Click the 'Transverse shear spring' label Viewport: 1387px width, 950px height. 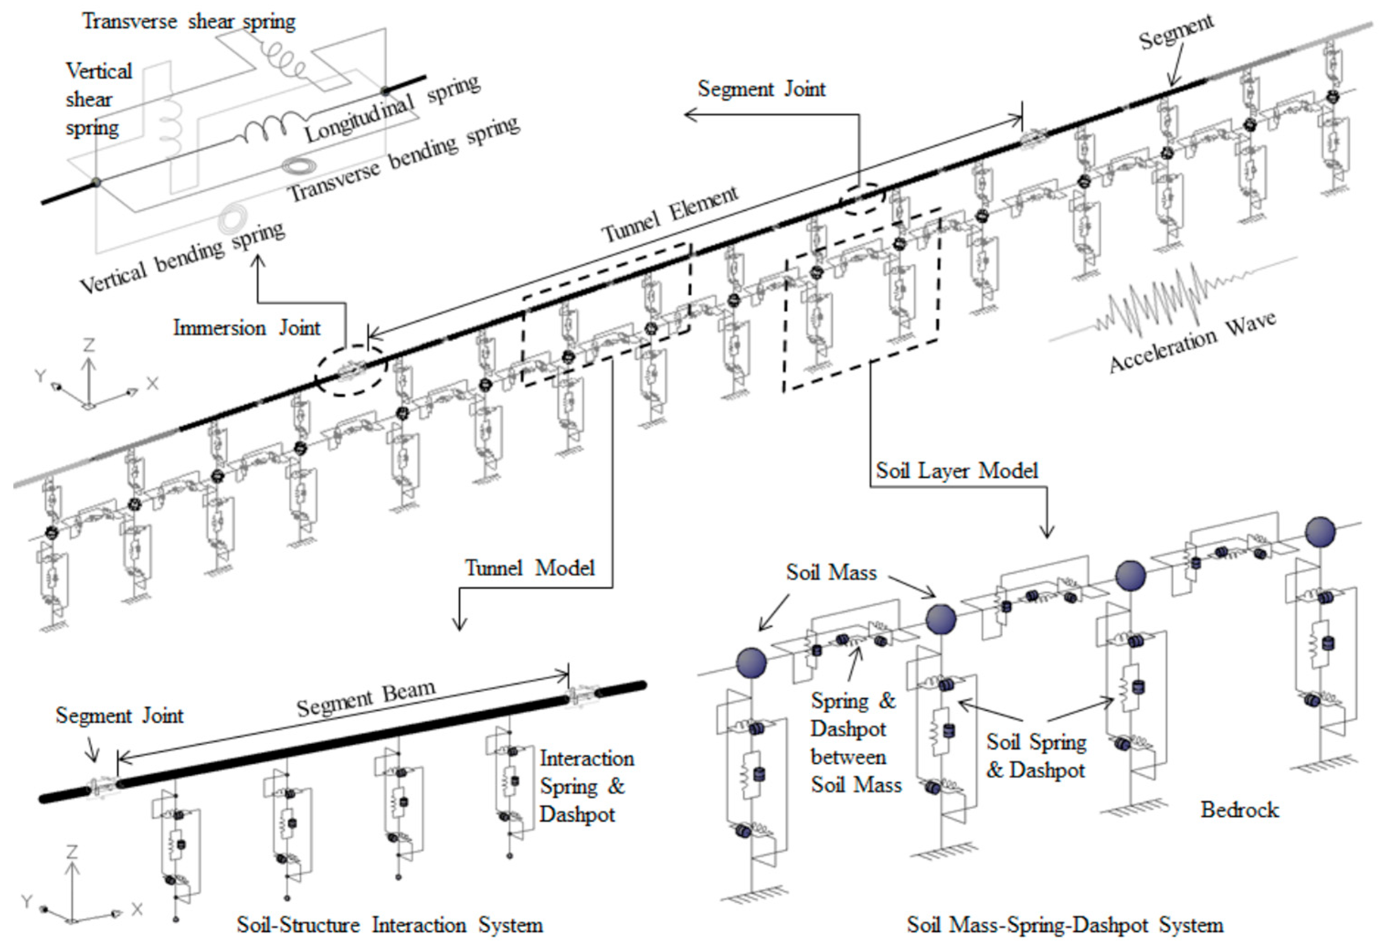pyautogui.click(x=189, y=21)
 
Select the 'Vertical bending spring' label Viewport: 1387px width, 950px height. pyautogui.click(x=182, y=258)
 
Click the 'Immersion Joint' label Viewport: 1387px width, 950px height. pyautogui.click(x=247, y=328)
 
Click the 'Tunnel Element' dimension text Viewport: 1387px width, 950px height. pyautogui.click(x=670, y=214)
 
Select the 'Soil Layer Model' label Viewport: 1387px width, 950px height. pyautogui.click(x=957, y=471)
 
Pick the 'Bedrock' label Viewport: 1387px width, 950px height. pyautogui.click(x=1239, y=810)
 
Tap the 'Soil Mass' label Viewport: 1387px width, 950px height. pyautogui.click(x=831, y=572)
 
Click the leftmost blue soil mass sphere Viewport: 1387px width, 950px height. pyautogui.click(x=751, y=663)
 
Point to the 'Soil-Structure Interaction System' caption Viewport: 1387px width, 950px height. pyautogui.click(x=390, y=925)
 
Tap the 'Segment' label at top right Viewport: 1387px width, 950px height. pyautogui.click(x=1175, y=31)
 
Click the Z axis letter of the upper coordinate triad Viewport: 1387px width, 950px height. pyautogui.click(x=89, y=345)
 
